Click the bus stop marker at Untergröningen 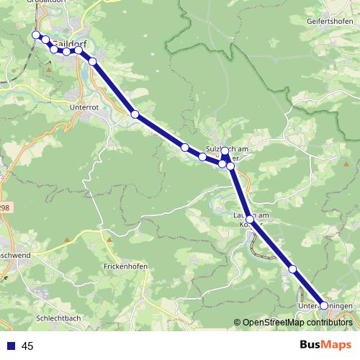tap(324, 306)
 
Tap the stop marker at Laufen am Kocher tap(250, 218)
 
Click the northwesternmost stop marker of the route tap(35, 35)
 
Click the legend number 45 tap(28, 346)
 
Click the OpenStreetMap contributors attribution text tap(297, 323)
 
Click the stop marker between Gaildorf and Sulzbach tap(135, 114)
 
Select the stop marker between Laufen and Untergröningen tap(292, 269)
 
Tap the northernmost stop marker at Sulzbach tap(225, 151)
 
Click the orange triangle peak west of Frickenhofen tap(66, 240)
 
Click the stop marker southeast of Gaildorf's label tap(92, 61)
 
